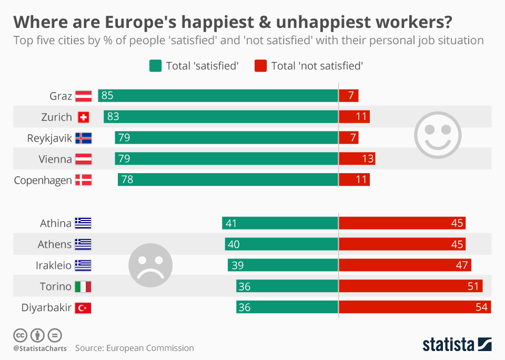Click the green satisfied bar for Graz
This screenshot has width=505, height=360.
point(218,96)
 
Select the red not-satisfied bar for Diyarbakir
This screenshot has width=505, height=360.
point(415,307)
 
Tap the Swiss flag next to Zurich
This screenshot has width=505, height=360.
point(83,117)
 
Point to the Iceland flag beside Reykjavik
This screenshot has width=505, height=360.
point(83,138)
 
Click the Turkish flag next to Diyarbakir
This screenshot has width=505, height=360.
point(83,307)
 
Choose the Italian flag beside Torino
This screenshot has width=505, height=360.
point(83,286)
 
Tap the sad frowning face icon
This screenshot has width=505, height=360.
point(150,265)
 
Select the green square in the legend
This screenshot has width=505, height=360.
point(155,66)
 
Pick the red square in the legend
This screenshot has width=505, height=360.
point(260,66)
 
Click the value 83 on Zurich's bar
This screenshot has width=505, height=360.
point(113,117)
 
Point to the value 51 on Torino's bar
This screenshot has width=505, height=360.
point(473,286)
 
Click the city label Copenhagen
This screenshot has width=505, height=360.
point(43,180)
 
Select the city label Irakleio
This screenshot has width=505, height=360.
point(54,265)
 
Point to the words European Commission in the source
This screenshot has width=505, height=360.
point(150,348)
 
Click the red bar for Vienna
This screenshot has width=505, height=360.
point(357,159)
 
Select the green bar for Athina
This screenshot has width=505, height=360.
point(280,223)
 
